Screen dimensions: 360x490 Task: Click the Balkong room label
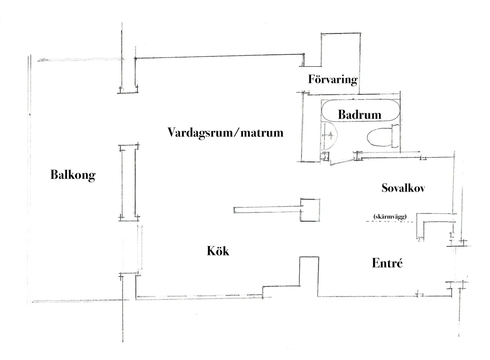pos(73,175)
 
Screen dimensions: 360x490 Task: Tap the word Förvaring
pos(333,79)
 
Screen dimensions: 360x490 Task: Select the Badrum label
pos(359,115)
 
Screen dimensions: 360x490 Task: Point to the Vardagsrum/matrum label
pos(225,133)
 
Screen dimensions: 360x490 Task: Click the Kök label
pos(218,251)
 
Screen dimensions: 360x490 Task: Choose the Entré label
pos(387,264)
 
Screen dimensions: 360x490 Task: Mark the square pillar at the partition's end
pos(310,210)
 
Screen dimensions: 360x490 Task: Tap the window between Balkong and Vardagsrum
pos(128,182)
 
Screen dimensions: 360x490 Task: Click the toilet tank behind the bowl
pos(394,136)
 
